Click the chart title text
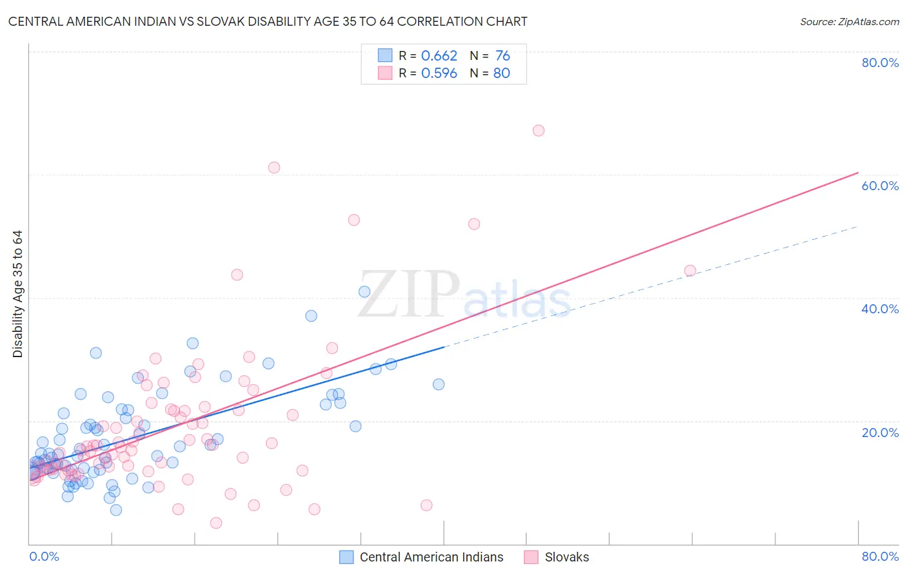point(268,21)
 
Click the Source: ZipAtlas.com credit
point(849,21)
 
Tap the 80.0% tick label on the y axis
point(880,63)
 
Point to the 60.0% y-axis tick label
point(880,186)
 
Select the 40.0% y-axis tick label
point(880,309)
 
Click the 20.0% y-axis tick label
point(880,433)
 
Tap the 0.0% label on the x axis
point(44,556)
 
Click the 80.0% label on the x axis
point(880,556)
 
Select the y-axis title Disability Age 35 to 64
point(17,294)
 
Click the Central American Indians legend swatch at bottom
point(346,557)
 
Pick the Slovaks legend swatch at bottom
point(531,557)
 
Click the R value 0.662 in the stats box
point(439,56)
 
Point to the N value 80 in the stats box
point(501,73)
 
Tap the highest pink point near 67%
point(539,130)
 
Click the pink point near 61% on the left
point(274,168)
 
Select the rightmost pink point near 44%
point(690,271)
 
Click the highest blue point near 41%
point(364,291)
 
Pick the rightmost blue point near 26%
point(439,384)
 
